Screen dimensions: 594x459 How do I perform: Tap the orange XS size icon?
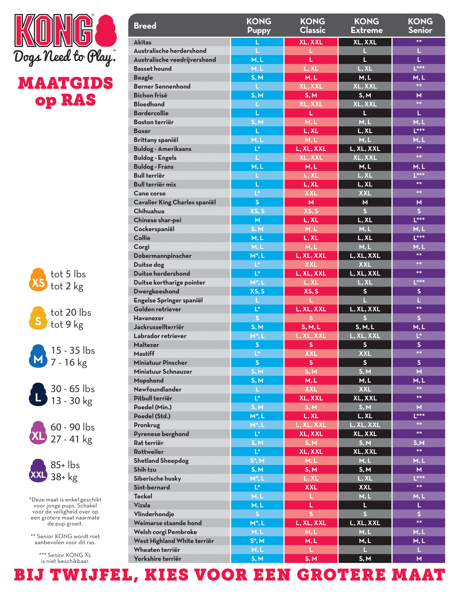pyautogui.click(x=38, y=280)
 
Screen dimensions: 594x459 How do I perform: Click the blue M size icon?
pyautogui.click(x=38, y=356)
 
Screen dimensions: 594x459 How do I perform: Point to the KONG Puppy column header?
pyautogui.click(x=259, y=26)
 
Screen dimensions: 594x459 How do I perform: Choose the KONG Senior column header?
pyautogui.click(x=420, y=26)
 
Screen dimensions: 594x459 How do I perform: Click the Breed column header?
pyautogui.click(x=145, y=26)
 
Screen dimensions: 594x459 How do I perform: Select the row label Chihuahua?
pyautogui.click(x=149, y=211)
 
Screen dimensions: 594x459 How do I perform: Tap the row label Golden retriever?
pyautogui.click(x=157, y=309)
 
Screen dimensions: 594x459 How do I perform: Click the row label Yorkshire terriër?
pyautogui.click(x=157, y=559)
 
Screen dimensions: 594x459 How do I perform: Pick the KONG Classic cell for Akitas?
pyautogui.click(x=311, y=42)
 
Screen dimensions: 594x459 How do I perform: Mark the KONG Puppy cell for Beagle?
pyautogui.click(x=257, y=77)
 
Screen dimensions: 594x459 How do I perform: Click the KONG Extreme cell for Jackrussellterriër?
pyautogui.click(x=365, y=327)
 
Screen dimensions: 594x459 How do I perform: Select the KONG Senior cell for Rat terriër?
pyautogui.click(x=419, y=443)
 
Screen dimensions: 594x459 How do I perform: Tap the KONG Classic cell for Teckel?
pyautogui.click(x=311, y=496)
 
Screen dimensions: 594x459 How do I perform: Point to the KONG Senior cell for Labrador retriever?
pyautogui.click(x=419, y=336)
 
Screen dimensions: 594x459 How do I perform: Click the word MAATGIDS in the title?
pyautogui.click(x=66, y=83)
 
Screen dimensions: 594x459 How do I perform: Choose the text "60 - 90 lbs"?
pyautogui.click(x=72, y=427)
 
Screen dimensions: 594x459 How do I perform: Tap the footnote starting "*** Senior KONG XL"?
pyautogui.click(x=65, y=558)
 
